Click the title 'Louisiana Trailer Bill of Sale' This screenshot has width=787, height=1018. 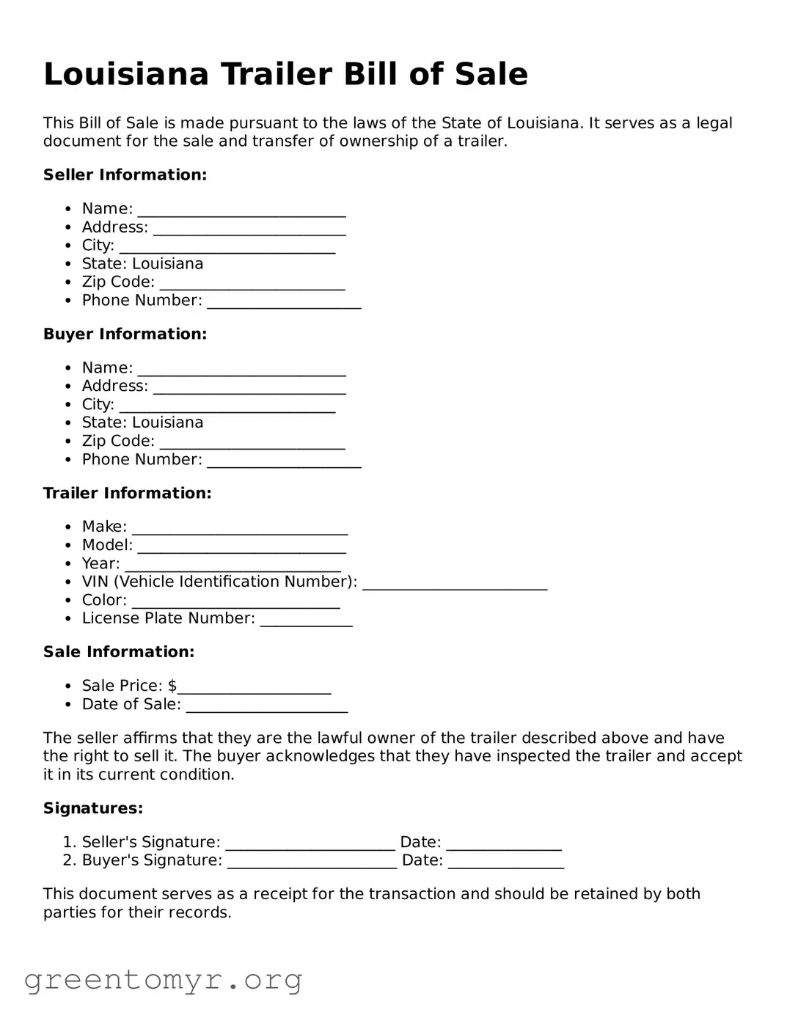pos(285,74)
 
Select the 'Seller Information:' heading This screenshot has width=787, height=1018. pos(125,175)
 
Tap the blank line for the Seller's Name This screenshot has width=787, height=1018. pos(241,210)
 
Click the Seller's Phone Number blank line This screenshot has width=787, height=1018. pos(284,302)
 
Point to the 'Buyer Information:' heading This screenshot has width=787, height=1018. pos(125,334)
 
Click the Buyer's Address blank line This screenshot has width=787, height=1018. pos(249,388)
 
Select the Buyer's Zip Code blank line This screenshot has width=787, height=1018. pos(252,443)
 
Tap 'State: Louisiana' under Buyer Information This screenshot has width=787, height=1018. pos(142,422)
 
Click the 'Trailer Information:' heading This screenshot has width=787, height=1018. pos(127,493)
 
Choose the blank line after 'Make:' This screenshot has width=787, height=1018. pos(240,529)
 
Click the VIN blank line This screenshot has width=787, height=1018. pos(455,584)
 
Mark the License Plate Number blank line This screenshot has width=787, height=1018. pos(306,620)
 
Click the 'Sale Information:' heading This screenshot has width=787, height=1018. pos(119,652)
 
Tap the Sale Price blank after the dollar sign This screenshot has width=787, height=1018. pos(255,688)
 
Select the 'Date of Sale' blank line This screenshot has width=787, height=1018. pos(267,706)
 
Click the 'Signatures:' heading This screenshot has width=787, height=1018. pos(93,808)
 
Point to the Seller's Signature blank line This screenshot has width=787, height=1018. pos(310,844)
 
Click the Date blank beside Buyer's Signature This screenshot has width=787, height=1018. pos(506,863)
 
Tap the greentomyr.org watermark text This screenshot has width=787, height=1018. pos(163,980)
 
